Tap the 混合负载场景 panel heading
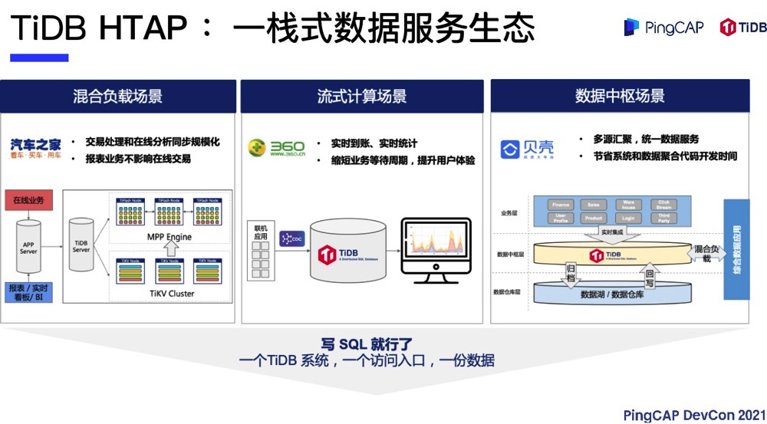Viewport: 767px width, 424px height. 117,96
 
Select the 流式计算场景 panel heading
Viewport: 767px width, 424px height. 362,96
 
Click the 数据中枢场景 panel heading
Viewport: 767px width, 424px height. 620,96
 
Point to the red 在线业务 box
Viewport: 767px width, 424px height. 29,201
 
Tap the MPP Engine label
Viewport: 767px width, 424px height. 170,237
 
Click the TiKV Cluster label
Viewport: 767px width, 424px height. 170,294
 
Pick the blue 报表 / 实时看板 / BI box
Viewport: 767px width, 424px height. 29,292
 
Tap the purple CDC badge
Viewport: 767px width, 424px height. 292,238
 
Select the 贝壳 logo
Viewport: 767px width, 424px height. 527,149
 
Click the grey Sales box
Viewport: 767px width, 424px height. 594,205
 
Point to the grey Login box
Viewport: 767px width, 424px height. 629,219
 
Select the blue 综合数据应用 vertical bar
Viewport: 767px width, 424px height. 736,250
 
